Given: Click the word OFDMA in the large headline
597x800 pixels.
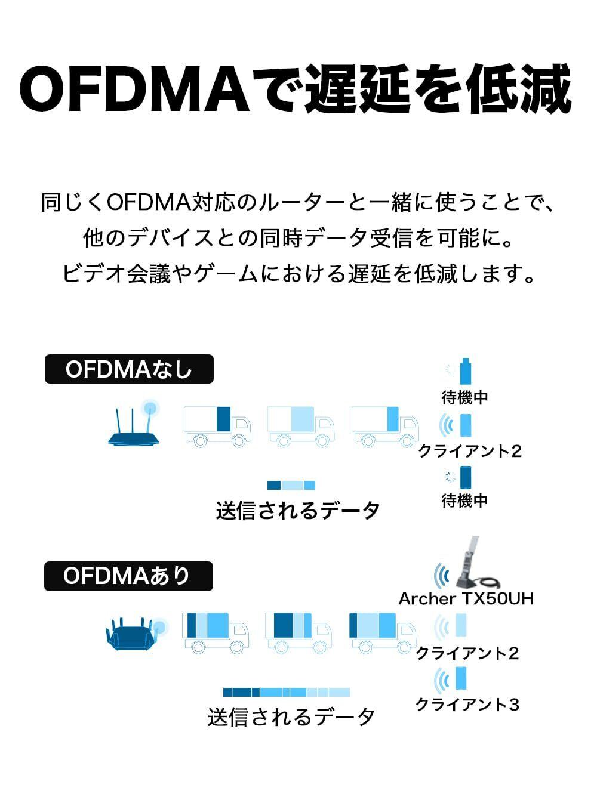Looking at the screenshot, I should point(134,89).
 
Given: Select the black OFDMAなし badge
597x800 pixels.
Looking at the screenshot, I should point(129,369).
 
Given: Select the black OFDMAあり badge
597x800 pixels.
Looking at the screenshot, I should point(128,576).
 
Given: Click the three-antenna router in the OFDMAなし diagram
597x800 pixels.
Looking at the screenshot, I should point(134,425).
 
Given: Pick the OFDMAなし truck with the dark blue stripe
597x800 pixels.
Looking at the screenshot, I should point(217,426).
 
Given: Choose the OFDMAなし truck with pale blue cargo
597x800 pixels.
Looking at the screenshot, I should point(300,426).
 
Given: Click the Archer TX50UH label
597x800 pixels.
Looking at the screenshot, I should point(466,598).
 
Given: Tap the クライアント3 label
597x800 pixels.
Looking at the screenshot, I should point(467,705).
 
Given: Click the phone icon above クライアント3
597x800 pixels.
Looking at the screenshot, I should point(460,678).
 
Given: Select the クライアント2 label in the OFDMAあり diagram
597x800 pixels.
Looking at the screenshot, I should point(467,653).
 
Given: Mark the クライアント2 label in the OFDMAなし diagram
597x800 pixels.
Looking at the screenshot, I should point(470,451).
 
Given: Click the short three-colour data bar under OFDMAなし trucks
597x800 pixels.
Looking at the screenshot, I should point(291,485).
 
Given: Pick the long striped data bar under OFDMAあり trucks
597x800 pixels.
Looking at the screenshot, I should point(287,692).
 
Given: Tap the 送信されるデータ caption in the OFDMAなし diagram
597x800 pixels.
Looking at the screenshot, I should point(298,511).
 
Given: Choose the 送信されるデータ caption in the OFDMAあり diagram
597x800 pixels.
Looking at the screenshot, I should point(291,716).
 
